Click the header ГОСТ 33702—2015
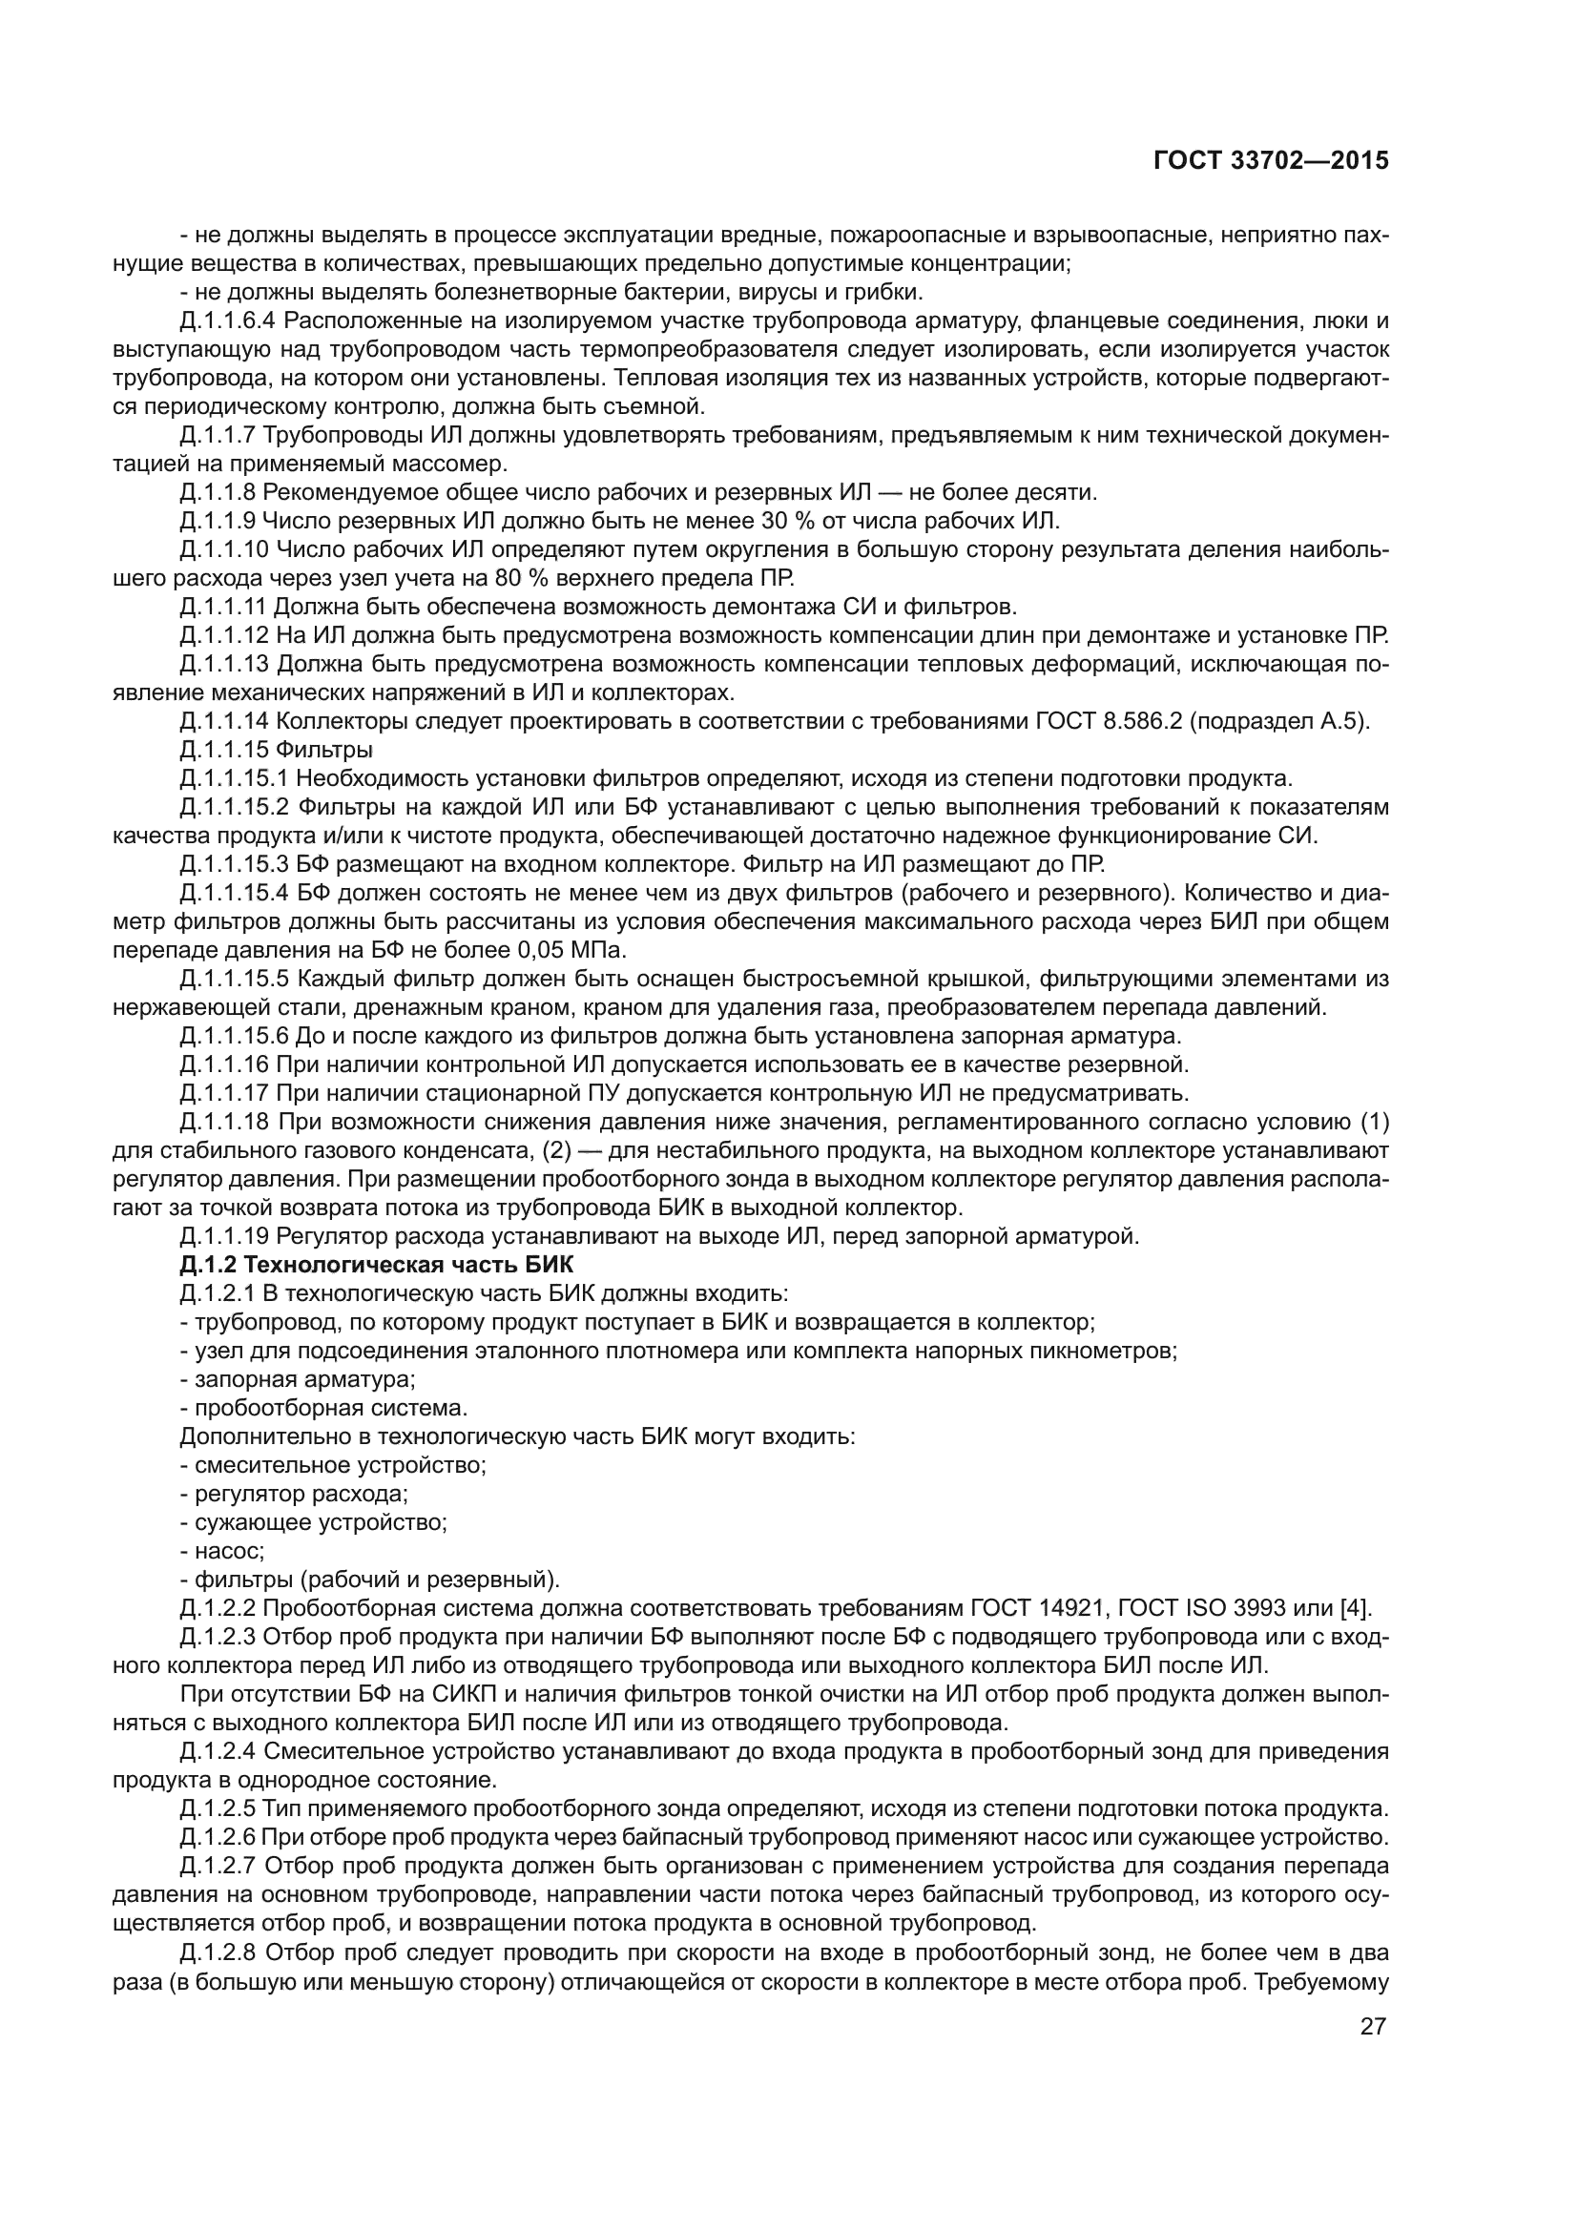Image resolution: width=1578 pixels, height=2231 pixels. [1271, 161]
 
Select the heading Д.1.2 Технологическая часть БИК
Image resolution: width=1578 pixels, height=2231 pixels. [377, 1265]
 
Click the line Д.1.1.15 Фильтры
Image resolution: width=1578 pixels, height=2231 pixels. [276, 750]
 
